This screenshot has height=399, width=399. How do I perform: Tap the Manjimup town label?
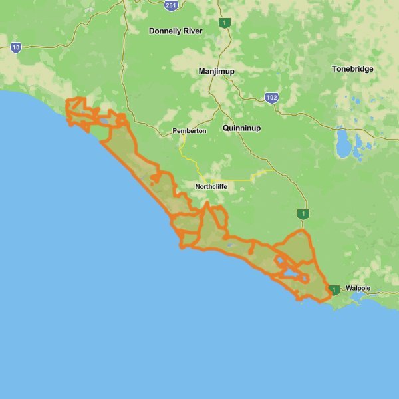pyautogui.click(x=216, y=71)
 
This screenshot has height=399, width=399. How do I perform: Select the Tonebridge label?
pyautogui.click(x=352, y=69)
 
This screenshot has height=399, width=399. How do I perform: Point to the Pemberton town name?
pyautogui.click(x=190, y=131)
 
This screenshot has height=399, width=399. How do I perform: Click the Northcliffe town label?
pyautogui.click(x=211, y=187)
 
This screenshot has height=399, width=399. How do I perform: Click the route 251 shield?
pyautogui.click(x=171, y=5)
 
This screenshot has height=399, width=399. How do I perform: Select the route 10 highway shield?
pyautogui.click(x=16, y=47)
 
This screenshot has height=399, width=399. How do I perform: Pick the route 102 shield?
pyautogui.click(x=271, y=98)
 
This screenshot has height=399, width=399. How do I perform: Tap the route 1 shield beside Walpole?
pyautogui.click(x=334, y=289)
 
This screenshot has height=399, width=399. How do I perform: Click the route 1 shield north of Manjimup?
pyautogui.click(x=226, y=23)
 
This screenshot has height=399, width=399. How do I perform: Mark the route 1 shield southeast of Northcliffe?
pyautogui.click(x=303, y=214)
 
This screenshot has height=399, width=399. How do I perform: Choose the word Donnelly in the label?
pyautogui.click(x=164, y=31)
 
